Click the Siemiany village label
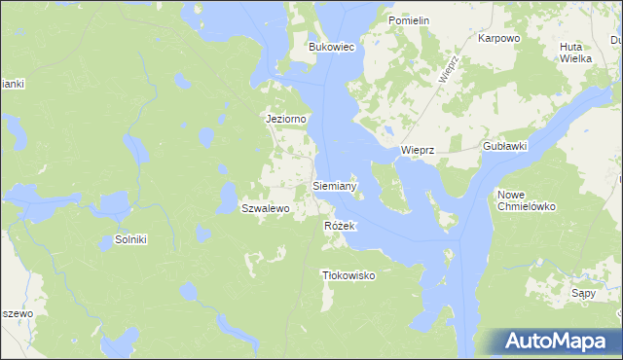point(335,185)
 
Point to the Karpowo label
point(499,39)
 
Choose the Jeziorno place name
point(287,119)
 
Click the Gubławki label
point(504,146)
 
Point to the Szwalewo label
point(266,208)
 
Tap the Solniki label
point(130,239)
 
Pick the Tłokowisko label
point(348,275)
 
